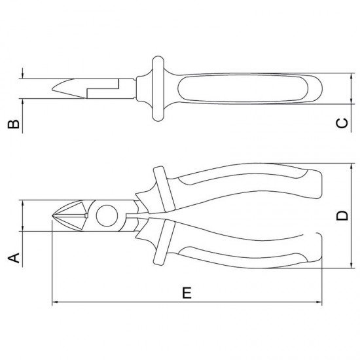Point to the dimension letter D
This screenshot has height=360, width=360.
pyautogui.click(x=340, y=216)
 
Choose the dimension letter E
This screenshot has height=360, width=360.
pyautogui.click(x=187, y=293)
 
